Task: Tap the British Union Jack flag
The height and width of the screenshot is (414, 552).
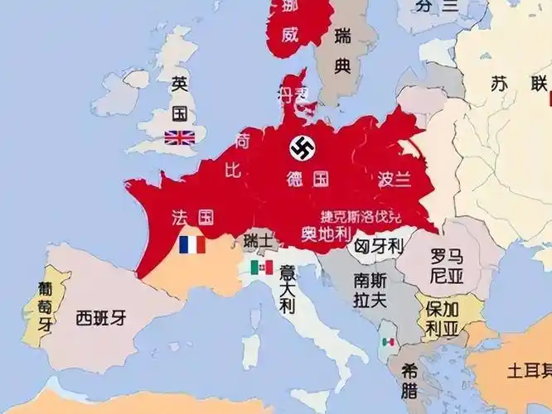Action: [180, 137]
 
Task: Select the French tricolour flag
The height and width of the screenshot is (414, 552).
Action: [192, 245]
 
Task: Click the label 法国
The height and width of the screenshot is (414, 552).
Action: [193, 218]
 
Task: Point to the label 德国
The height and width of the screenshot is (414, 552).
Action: [307, 178]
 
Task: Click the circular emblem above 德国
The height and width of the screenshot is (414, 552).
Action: [302, 149]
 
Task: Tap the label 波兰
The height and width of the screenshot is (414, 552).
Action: [395, 178]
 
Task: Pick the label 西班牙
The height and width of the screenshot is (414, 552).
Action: [100, 317]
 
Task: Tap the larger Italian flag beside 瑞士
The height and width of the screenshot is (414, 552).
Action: [262, 267]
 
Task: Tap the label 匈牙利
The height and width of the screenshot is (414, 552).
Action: [378, 246]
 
